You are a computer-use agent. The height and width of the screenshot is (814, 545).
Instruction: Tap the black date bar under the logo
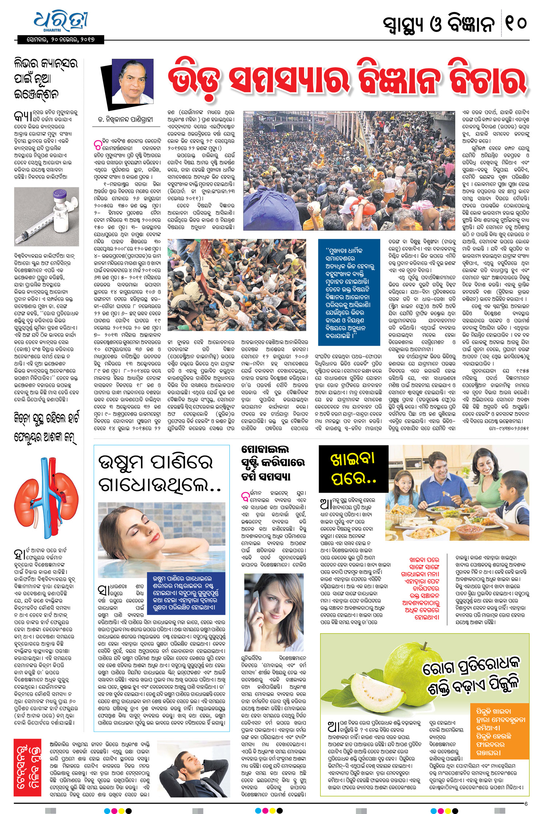coord(61,40)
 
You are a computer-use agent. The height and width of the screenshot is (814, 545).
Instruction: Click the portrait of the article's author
coord(133,85)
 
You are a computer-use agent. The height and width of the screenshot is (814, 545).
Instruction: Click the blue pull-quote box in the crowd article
coord(348,292)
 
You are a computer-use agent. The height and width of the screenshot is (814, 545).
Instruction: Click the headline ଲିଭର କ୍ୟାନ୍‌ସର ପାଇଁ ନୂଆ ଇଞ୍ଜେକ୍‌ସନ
coord(45,78)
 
